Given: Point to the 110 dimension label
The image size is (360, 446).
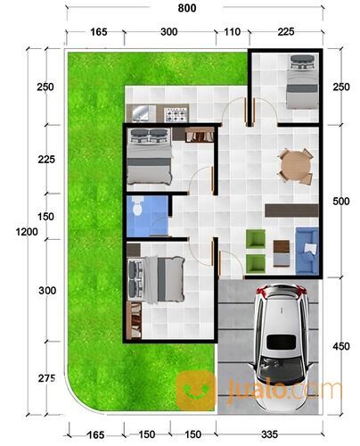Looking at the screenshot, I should pos(232,32).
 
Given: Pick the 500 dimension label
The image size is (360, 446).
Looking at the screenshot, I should pos(340,201).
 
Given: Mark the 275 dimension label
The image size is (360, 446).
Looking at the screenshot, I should pos(47,379).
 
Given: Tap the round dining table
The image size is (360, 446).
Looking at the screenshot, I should pos(295,166).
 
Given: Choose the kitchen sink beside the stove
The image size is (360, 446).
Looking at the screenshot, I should pos(143,113).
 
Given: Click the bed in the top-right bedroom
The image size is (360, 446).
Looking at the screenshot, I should pos(300,82).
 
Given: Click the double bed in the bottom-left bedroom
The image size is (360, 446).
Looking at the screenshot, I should pos(156,277).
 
